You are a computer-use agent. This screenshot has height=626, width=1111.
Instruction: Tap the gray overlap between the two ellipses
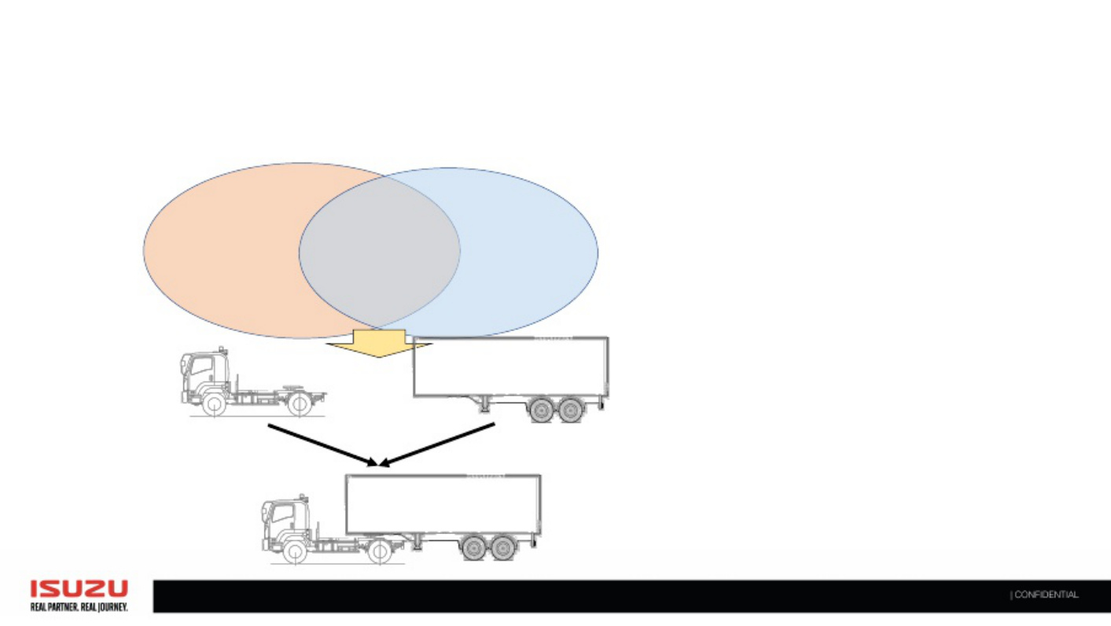click(380, 252)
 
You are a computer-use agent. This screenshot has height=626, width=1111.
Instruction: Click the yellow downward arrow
click(379, 343)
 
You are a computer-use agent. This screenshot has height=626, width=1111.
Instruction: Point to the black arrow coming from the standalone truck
click(322, 445)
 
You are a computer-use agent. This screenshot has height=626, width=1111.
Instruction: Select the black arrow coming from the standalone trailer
click(437, 445)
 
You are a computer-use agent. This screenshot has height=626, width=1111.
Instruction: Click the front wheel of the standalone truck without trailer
click(215, 404)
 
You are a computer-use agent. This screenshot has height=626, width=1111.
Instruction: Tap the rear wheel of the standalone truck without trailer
click(300, 404)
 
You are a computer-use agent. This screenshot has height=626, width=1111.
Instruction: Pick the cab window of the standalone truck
click(201, 366)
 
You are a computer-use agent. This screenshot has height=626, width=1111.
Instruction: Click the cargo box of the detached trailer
click(511, 367)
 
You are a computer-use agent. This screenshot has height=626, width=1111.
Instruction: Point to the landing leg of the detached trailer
click(484, 404)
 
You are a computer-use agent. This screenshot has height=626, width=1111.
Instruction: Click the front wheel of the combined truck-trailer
click(295, 552)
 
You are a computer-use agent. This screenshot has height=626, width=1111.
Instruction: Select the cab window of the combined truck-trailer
click(282, 514)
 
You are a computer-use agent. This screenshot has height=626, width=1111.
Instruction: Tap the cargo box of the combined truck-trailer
click(443, 504)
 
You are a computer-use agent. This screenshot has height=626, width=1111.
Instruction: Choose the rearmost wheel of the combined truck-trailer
click(503, 548)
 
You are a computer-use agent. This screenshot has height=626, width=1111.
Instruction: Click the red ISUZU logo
click(79, 589)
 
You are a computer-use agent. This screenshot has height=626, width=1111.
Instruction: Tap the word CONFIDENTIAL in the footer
click(1047, 595)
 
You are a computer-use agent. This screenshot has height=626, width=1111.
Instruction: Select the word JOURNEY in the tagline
click(113, 607)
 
